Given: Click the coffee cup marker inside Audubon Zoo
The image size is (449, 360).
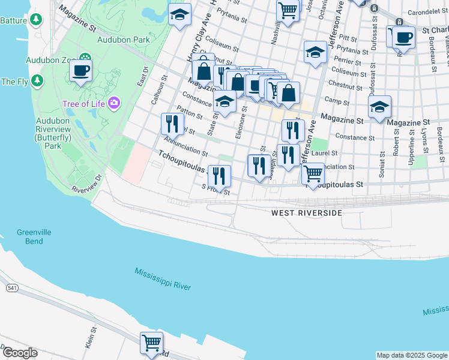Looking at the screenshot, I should click(80, 70).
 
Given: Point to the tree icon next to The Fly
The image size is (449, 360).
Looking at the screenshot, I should click(37, 80).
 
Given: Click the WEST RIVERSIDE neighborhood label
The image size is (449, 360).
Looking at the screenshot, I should click(306, 213).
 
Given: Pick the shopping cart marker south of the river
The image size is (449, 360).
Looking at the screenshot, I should click(151, 343).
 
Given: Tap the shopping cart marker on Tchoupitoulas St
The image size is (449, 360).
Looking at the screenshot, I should click(313, 174).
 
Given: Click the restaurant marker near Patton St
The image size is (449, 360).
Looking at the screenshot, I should click(172, 124).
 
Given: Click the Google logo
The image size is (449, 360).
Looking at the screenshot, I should click(20, 353).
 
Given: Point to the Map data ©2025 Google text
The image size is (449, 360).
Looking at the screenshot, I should click(411, 355).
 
